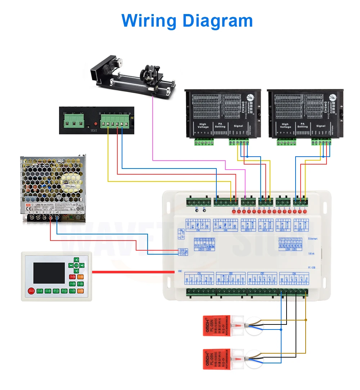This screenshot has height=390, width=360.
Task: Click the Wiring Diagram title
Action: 187,21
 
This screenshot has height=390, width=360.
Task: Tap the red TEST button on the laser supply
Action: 96,124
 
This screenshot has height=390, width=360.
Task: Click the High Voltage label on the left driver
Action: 203,126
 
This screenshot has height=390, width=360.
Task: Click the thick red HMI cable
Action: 133,272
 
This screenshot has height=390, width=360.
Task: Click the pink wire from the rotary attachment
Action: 153,130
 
